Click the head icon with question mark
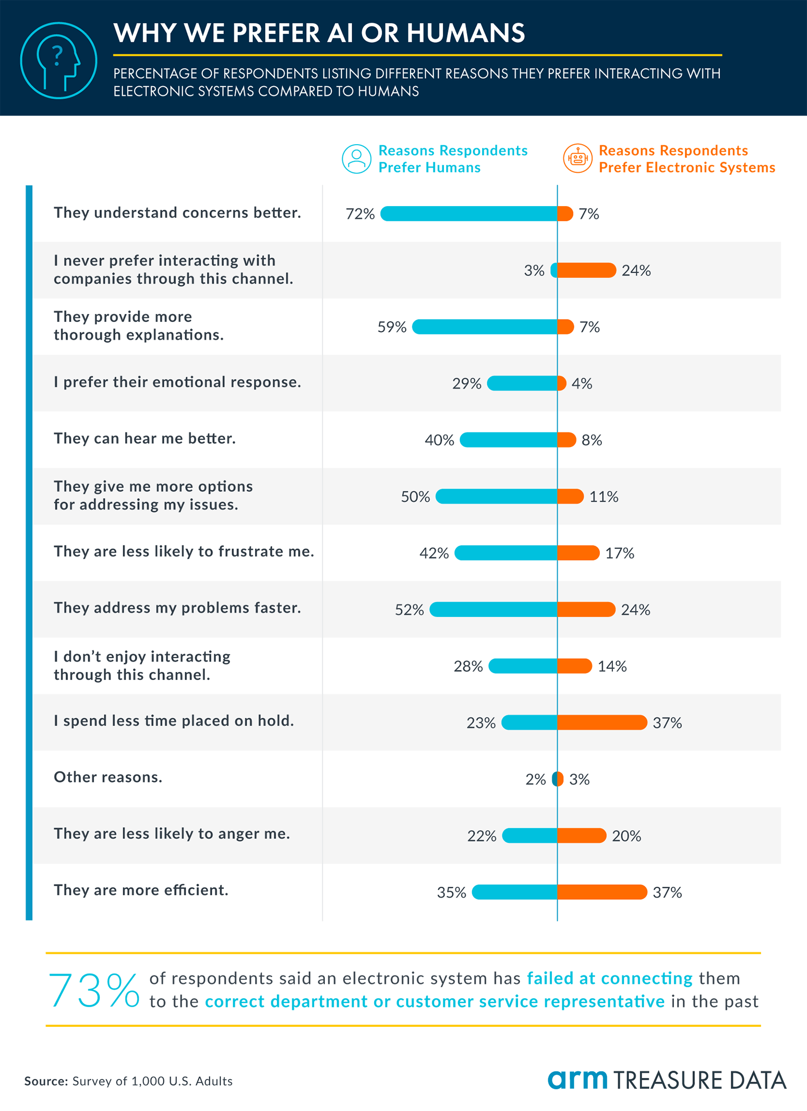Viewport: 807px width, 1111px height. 59,60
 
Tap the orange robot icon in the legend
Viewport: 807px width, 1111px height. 578,158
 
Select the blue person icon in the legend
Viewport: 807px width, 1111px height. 357,159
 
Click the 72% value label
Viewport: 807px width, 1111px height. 360,214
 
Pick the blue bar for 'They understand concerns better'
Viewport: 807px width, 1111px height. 469,214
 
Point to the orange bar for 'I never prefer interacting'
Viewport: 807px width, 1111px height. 587,270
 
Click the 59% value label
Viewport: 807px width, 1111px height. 392,327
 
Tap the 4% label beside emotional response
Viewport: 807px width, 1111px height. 582,384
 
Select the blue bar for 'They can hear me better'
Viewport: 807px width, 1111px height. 508,440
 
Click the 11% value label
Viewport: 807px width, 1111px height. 604,497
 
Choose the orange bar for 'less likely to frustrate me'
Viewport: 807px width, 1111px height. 579,553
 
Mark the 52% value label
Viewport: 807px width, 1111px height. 409,610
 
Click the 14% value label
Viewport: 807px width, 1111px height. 612,666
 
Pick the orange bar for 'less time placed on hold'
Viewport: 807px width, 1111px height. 602,722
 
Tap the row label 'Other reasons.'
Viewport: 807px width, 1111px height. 108,777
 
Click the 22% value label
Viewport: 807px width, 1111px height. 482,836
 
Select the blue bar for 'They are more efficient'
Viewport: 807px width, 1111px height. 514,892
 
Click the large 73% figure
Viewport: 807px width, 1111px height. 94,991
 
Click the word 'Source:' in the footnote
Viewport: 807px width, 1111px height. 46,1081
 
